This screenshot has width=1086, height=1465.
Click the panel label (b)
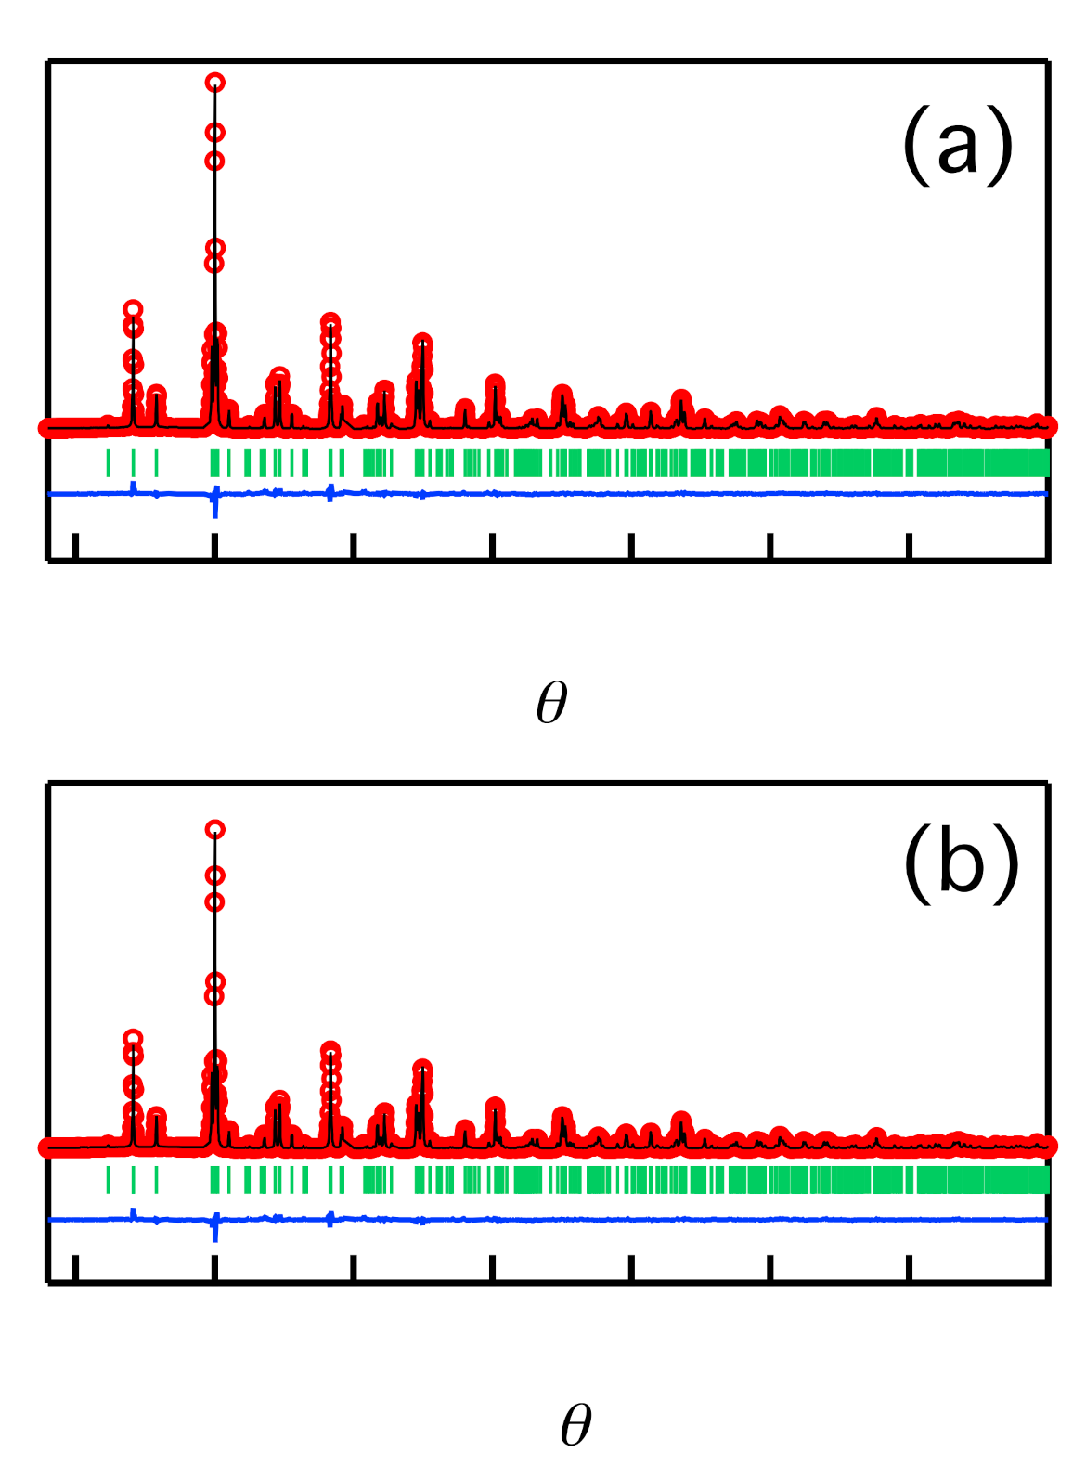961,864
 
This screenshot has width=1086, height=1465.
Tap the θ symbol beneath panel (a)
551,703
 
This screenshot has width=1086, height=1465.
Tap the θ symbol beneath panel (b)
575,1424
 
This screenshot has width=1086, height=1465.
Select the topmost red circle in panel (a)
215,83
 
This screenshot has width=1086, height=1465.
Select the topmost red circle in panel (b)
215,829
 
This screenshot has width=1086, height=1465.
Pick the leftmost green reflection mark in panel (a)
108,462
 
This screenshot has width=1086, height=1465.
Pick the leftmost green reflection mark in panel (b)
108,1179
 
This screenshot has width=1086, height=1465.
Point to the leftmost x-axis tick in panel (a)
75,547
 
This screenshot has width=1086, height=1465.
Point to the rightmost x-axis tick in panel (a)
909,547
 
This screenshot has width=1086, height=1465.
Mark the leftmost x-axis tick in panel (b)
75,1268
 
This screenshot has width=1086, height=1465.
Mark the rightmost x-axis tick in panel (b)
909,1268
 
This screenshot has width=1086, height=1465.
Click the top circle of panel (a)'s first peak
133,309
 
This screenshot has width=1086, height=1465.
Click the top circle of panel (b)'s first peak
133,1038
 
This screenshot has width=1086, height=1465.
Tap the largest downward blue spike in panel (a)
215,508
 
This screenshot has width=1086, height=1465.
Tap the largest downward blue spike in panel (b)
215,1232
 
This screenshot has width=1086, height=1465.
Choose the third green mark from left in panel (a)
156,462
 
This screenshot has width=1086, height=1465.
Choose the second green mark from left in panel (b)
133,1179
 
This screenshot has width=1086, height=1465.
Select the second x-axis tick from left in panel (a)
214,547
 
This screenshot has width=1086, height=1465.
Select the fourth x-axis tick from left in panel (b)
492,1268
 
